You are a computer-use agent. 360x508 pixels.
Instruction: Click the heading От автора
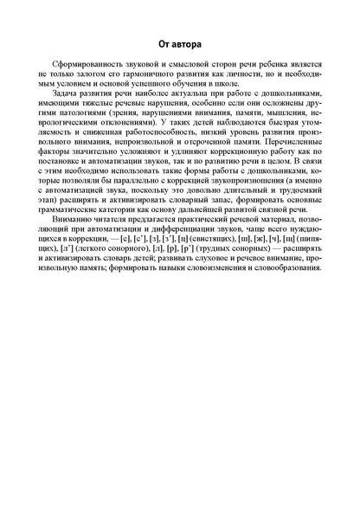pyautogui.click(x=180, y=42)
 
